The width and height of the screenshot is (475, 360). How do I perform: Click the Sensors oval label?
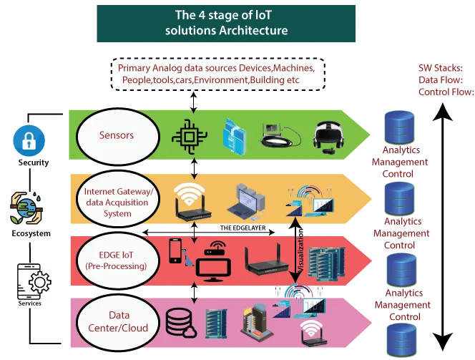pyautogui.click(x=117, y=136)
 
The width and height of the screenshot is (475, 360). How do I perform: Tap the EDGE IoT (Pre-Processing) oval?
pyautogui.click(x=116, y=258)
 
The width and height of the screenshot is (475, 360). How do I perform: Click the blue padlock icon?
pyautogui.click(x=29, y=140)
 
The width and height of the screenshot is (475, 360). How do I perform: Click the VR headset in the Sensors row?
pyautogui.click(x=329, y=134)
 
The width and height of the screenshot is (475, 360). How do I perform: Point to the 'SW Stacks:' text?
pyautogui.click(x=441, y=69)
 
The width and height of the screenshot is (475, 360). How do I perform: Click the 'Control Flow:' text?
pyautogui.click(x=446, y=91)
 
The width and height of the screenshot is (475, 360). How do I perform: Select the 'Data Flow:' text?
pyautogui.click(x=441, y=80)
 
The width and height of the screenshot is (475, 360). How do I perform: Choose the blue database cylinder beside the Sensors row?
pyautogui.click(x=401, y=127)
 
